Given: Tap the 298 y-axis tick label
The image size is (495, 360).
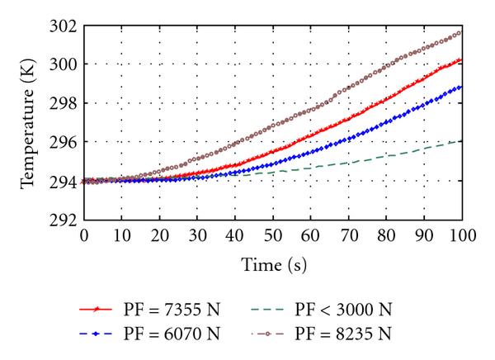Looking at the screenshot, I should (x=64, y=103).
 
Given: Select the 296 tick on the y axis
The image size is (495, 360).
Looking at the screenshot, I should (x=64, y=142).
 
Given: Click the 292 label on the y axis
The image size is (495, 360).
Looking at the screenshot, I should (x=64, y=220).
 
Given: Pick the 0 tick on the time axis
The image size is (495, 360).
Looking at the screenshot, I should (x=83, y=234).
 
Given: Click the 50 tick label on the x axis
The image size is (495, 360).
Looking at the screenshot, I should (x=272, y=234).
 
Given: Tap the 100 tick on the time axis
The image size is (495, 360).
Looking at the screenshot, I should (x=460, y=234).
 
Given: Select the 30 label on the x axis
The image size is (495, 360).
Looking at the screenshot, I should (x=196, y=234).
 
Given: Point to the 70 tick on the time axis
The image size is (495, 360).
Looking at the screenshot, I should (x=347, y=234).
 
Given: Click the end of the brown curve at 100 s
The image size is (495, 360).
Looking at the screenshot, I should (x=460, y=33).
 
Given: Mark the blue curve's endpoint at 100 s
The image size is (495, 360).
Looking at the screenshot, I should (x=460, y=87).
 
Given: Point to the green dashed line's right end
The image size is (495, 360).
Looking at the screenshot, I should (x=460, y=141).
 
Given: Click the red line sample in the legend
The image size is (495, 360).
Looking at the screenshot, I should (x=97, y=310).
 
